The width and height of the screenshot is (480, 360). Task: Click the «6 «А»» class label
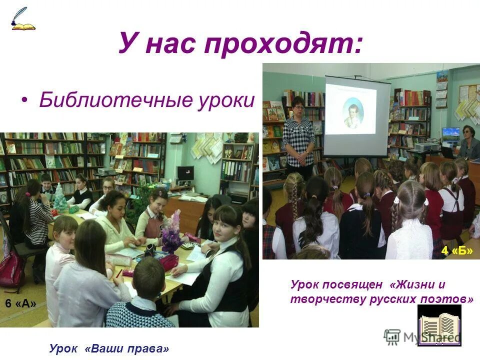click(21, 303)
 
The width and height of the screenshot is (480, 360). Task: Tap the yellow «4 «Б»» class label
click(456, 250)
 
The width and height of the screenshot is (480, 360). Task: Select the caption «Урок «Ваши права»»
click(109, 348)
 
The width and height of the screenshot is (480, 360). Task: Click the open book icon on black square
click(439, 324)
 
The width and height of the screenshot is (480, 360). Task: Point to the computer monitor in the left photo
click(185, 173)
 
